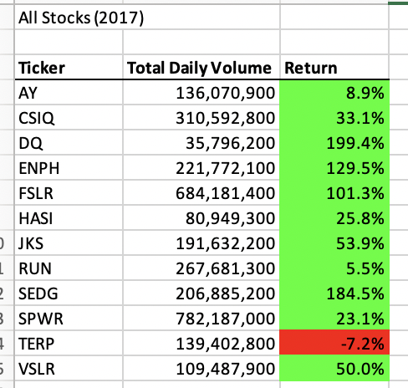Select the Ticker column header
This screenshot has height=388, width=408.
click(x=42, y=68)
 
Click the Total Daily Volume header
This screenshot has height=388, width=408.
click(x=199, y=68)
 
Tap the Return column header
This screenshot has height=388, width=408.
click(x=311, y=68)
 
